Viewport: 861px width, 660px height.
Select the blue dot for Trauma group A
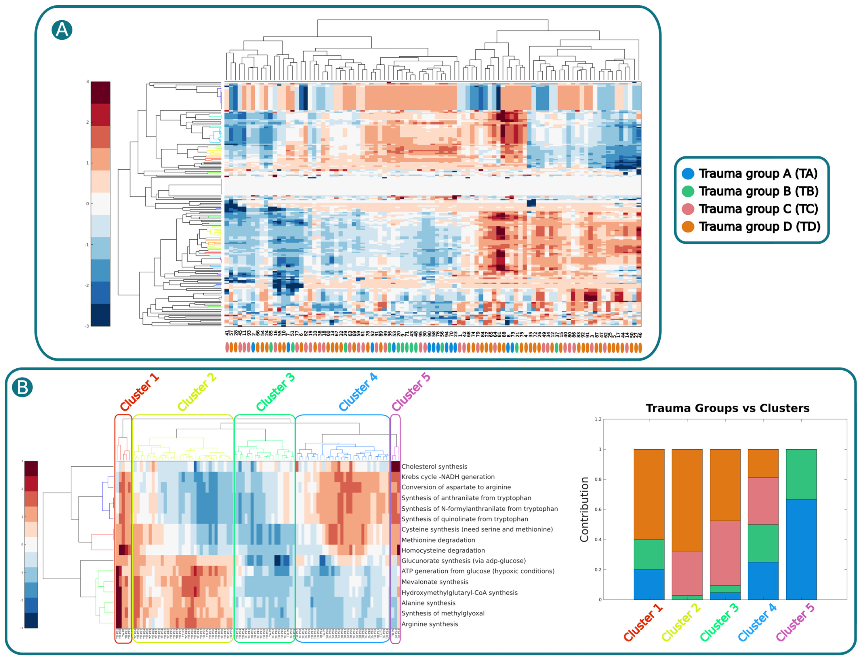click(688, 174)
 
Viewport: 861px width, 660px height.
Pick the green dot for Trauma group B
click(688, 191)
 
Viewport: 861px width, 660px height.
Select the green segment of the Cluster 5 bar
click(801, 474)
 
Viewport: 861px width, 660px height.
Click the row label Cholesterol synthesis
click(434, 466)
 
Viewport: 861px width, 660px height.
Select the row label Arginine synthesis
click(430, 624)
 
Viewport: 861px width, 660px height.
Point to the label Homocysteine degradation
click(443, 550)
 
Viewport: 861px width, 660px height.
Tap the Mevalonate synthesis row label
click(435, 582)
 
